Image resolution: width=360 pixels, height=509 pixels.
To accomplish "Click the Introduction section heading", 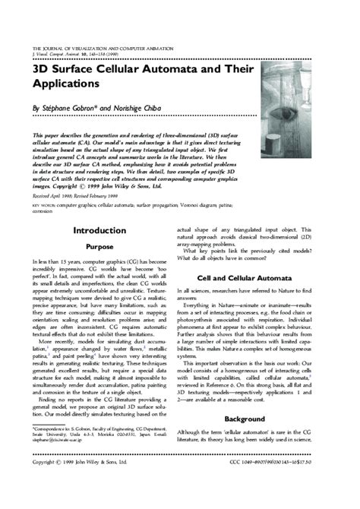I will (x=99, y=229).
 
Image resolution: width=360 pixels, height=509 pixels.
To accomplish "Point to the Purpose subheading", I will (x=99, y=247).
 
